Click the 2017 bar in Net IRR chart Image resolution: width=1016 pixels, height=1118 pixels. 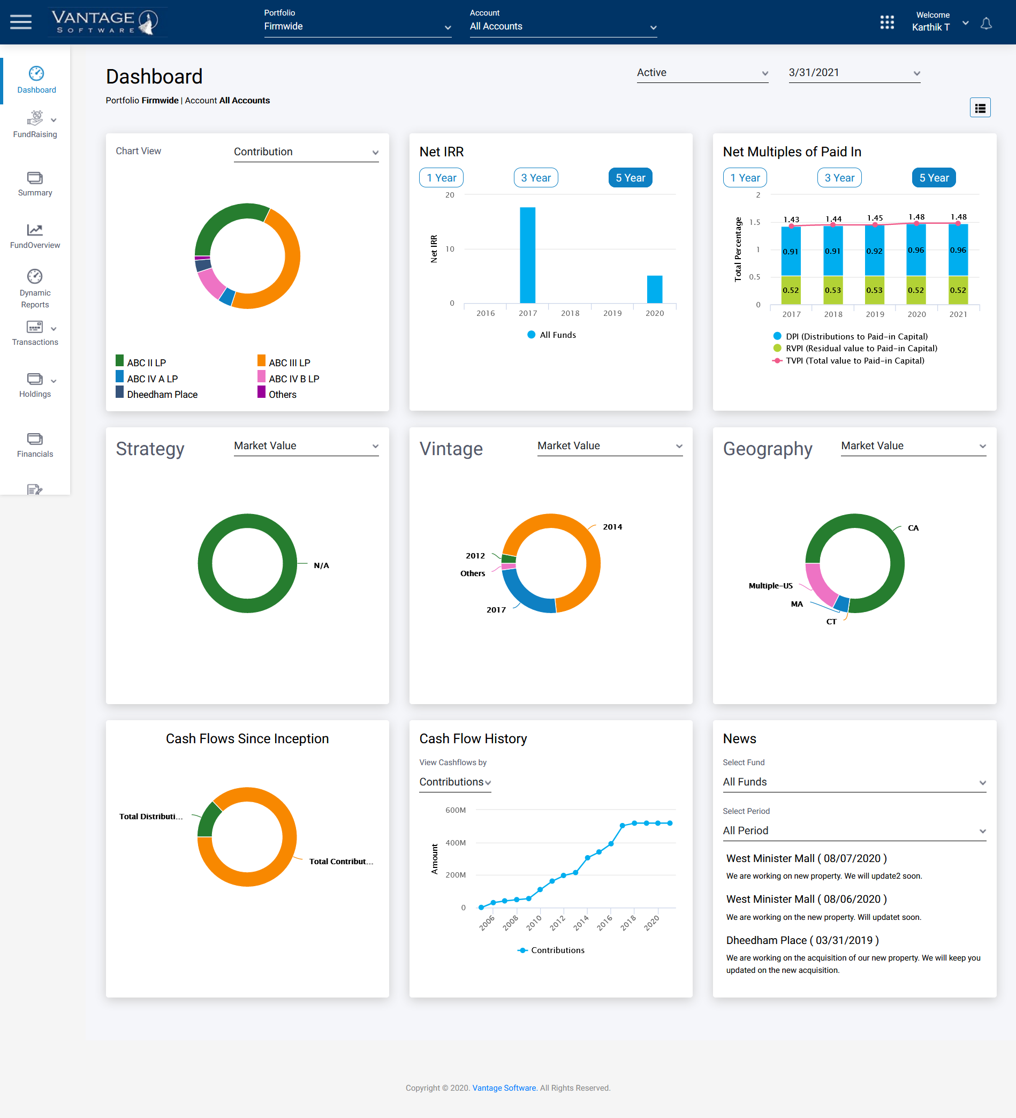click(527, 255)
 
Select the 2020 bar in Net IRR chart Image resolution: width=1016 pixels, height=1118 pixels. click(654, 289)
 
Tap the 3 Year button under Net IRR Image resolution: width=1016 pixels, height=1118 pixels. click(535, 178)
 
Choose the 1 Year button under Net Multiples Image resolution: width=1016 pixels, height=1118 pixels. click(745, 178)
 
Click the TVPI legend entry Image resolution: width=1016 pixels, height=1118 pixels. click(854, 361)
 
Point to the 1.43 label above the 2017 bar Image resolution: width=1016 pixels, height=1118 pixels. click(791, 220)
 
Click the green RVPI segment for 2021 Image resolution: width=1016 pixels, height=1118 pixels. click(957, 290)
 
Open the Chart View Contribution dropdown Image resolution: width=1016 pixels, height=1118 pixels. click(306, 152)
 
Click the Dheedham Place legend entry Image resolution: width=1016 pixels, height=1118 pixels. click(162, 395)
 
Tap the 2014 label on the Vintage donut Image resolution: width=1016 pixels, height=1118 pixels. click(612, 527)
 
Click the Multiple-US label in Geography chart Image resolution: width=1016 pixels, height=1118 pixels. click(770, 586)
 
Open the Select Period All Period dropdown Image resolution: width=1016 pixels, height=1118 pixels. click(854, 831)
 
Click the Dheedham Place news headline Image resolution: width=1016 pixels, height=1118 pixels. click(802, 941)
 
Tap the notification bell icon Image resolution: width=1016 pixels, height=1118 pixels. click(985, 24)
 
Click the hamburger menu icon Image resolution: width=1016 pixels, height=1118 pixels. click(21, 22)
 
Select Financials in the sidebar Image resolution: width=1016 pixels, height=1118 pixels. click(35, 445)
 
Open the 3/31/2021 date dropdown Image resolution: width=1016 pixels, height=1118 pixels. click(854, 73)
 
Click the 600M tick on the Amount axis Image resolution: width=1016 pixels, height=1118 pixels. click(455, 810)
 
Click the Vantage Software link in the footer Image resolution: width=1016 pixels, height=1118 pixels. click(504, 1088)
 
